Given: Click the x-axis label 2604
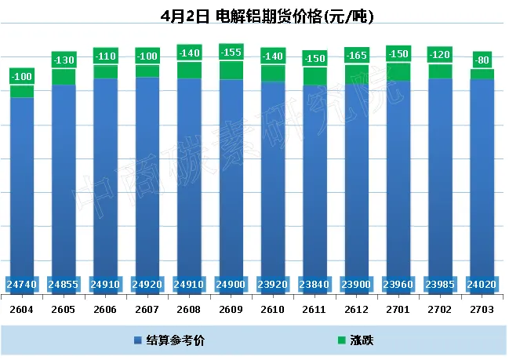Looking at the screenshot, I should [x=21, y=310].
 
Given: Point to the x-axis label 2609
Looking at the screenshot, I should [x=231, y=310].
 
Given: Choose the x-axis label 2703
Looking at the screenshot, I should [x=482, y=310].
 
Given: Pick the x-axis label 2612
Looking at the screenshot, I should [x=357, y=310].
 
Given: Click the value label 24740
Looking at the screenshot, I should [x=21, y=284].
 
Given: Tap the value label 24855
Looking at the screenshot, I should [x=64, y=284].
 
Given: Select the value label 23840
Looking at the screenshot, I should [x=314, y=284].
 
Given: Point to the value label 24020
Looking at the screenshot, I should [x=482, y=284].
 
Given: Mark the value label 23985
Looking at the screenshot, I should [x=441, y=284].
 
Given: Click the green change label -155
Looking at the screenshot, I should [x=231, y=52].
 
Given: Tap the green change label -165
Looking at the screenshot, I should [x=357, y=55].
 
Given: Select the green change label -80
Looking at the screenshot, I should [x=482, y=60].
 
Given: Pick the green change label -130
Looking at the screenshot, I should [x=64, y=60].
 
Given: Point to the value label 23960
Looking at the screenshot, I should [x=398, y=284].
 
